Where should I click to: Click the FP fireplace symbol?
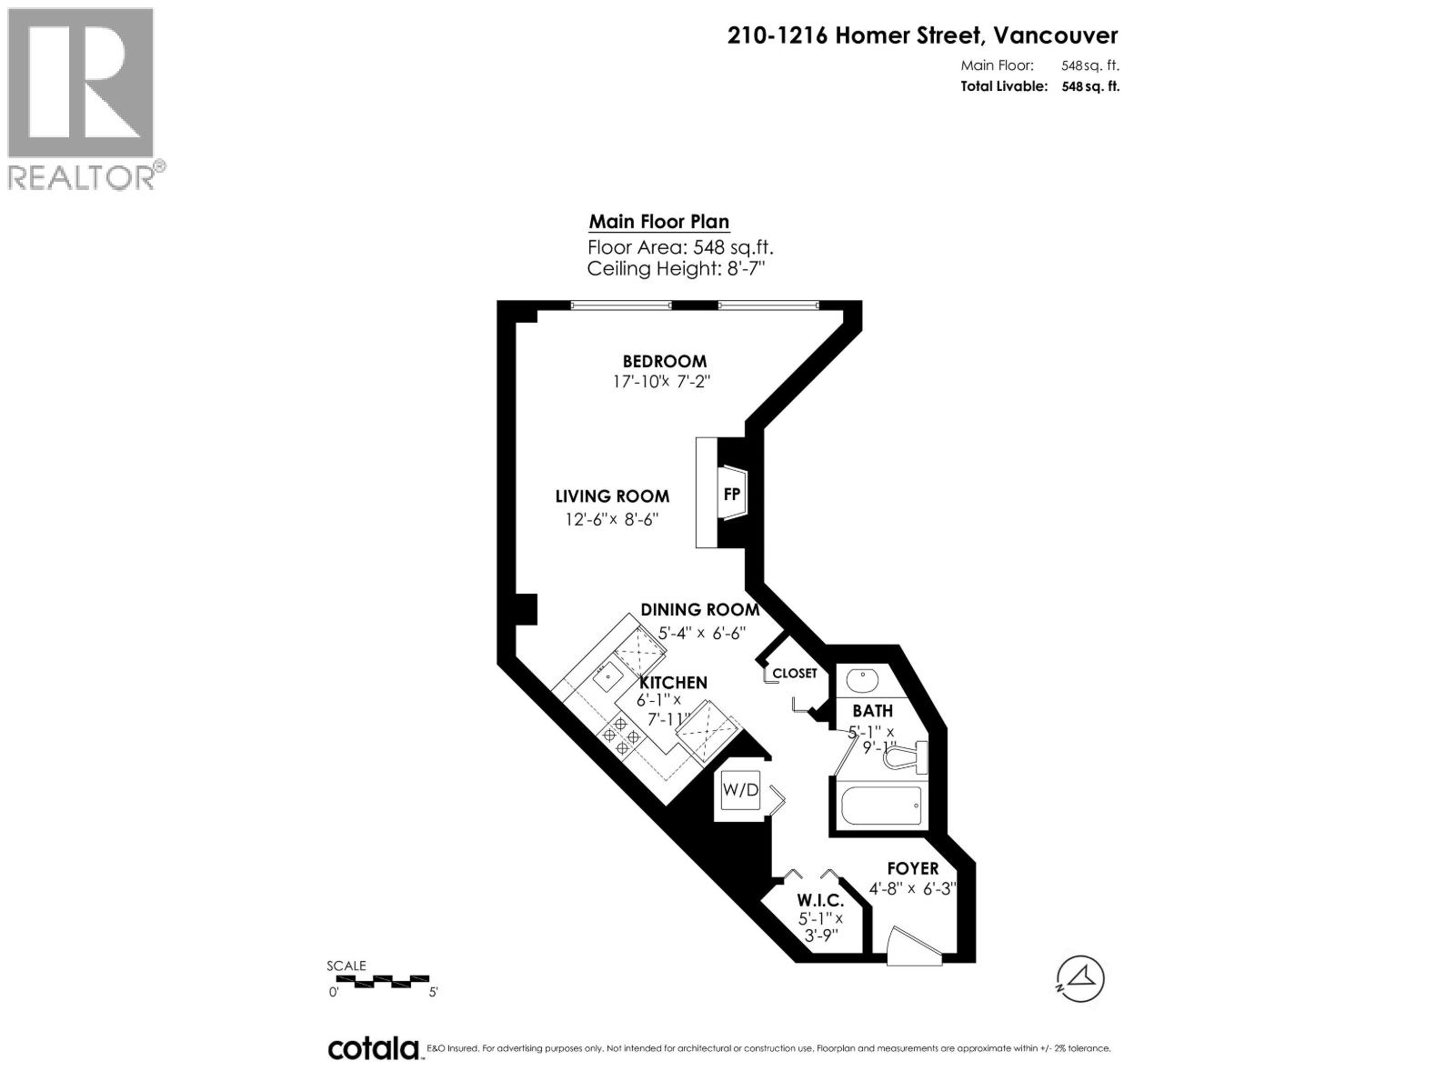(732, 494)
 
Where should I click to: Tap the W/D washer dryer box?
(739, 790)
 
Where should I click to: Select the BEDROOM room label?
(664, 361)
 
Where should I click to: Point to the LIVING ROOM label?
(612, 496)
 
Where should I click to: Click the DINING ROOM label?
(699, 609)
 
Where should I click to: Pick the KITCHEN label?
(673, 682)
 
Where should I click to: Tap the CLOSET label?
(795, 674)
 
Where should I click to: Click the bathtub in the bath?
(881, 804)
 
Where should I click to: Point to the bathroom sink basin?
(859, 679)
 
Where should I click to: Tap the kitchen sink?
(606, 675)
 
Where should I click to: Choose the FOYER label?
(912, 868)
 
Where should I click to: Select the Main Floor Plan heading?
(658, 222)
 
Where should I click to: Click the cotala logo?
(373, 1048)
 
